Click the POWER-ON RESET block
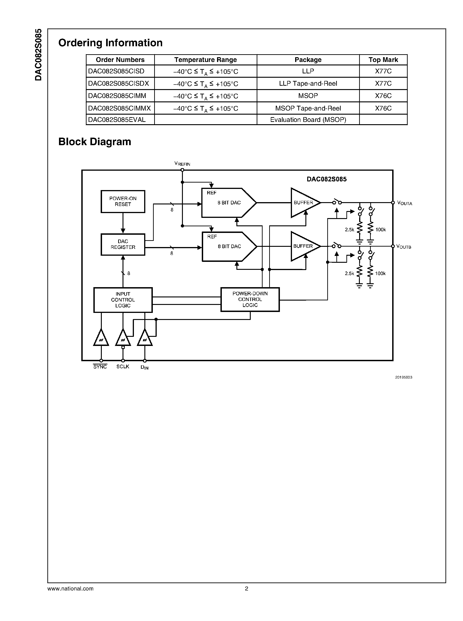click(x=123, y=201)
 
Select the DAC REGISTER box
click(x=123, y=244)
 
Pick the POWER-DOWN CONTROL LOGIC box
click(x=250, y=299)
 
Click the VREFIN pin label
click(x=182, y=164)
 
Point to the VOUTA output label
click(x=404, y=203)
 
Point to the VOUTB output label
click(x=404, y=247)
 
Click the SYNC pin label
click(x=100, y=367)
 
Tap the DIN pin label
click(x=145, y=367)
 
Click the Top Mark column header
click(x=383, y=60)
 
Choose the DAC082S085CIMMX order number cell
click(x=120, y=108)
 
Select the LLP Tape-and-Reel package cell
click(x=308, y=84)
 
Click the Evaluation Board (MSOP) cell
click(x=308, y=120)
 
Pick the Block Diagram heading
click(x=95, y=142)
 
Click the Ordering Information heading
click(x=110, y=43)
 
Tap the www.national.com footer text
click(x=70, y=589)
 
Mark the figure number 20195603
click(x=404, y=377)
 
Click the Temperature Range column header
click(x=205, y=60)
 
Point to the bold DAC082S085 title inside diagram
click(x=327, y=179)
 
